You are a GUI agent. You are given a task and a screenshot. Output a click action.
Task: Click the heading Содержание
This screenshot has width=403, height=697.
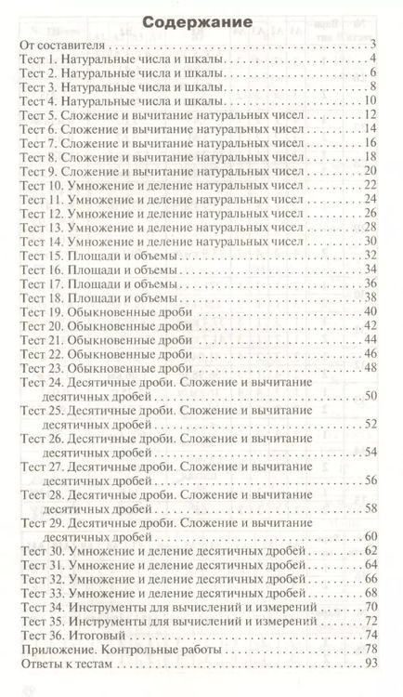point(201,20)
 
